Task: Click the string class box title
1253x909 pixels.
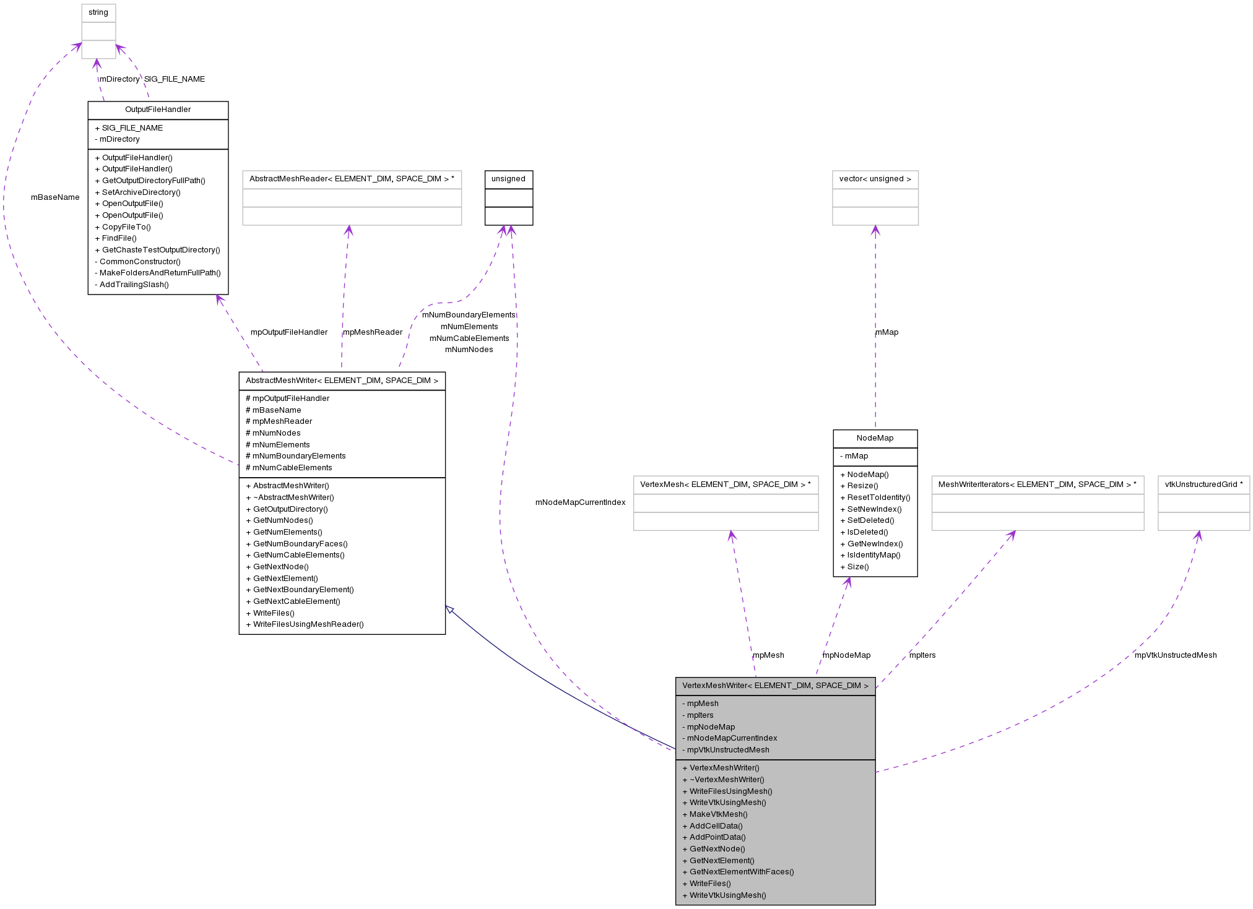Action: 98,12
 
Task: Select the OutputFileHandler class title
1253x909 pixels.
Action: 158,110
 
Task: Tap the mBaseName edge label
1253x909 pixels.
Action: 55,197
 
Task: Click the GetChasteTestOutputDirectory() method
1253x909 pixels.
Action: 157,250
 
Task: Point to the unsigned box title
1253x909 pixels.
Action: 508,179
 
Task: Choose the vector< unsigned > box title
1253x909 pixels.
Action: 875,179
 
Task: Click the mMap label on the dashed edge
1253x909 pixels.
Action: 887,332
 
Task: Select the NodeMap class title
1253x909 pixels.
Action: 875,438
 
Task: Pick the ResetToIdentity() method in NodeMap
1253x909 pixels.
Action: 875,498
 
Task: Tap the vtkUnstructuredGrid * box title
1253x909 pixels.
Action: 1203,485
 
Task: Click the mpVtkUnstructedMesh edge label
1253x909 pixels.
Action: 1175,655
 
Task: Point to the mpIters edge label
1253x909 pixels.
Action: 922,655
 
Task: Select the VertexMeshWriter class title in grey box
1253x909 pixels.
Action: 775,686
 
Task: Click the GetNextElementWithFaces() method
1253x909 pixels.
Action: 738,872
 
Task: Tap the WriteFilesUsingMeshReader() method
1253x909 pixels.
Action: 305,624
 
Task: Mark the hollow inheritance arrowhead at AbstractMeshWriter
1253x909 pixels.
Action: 450,610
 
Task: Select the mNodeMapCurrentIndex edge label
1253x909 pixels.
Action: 580,502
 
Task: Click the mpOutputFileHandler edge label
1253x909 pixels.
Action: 288,332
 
